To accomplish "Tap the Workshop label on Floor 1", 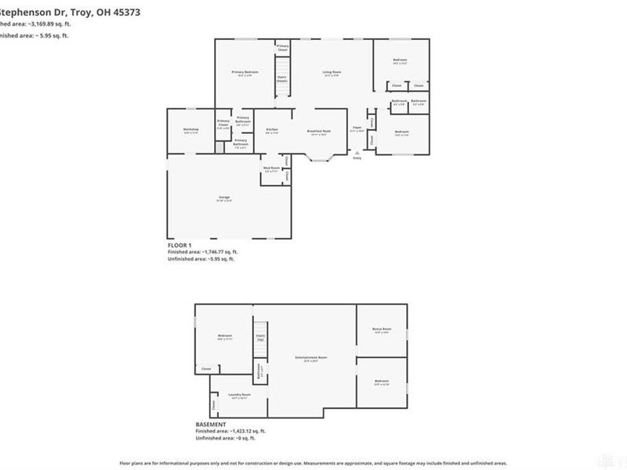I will click(x=190, y=130).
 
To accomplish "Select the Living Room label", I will click(x=332, y=73).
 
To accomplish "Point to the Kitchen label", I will click(x=272, y=130).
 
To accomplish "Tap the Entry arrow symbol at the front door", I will click(x=357, y=152).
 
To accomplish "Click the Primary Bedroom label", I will click(x=241, y=73).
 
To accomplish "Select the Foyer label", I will click(x=357, y=128).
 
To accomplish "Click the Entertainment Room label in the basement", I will click(x=310, y=359).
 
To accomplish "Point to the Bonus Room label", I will click(x=382, y=330).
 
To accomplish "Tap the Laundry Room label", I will click(x=239, y=396).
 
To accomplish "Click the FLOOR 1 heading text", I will click(x=179, y=245).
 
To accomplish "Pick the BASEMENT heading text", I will click(x=211, y=425).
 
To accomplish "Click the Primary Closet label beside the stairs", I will click(x=282, y=48).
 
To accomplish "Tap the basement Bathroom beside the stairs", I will click(x=259, y=371).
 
